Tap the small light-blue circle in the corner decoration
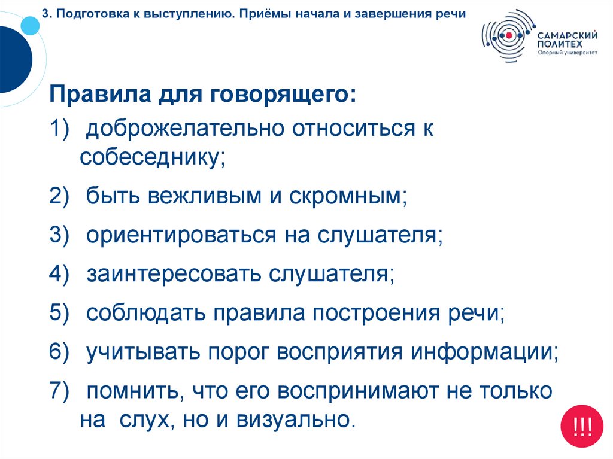point(29,25)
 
